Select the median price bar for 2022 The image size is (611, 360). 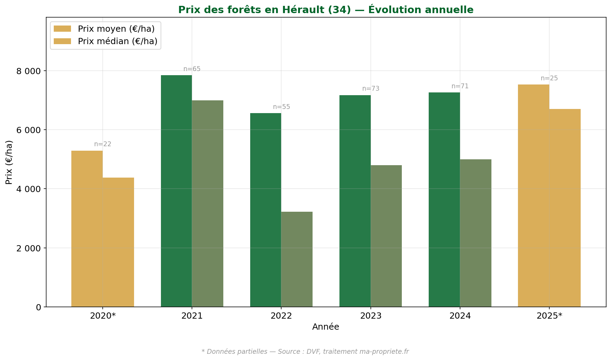coord(297,259)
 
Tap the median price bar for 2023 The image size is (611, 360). coord(386,236)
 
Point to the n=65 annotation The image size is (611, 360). coord(192,69)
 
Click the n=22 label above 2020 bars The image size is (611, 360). coord(103,144)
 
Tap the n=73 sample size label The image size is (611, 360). coord(371,89)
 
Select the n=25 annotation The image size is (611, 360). coord(549,78)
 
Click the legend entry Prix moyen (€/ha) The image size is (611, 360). coord(116,29)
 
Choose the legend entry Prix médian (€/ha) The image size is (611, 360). coord(117,41)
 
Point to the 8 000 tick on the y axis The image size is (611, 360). coord(28,71)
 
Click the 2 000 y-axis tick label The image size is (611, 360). coord(28,248)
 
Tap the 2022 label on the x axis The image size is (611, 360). coord(281,316)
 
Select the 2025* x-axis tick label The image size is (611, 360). coord(549,316)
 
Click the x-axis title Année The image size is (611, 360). coord(326,327)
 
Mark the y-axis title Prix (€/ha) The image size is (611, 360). coord(9,162)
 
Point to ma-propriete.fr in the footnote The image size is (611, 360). coord(384,352)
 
